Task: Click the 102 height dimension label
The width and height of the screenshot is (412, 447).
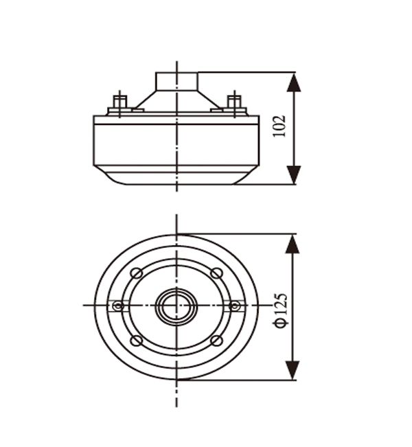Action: (x=279, y=126)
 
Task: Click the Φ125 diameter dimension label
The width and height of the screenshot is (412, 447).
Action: (x=281, y=310)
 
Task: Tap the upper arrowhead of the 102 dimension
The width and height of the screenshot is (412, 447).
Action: (x=294, y=82)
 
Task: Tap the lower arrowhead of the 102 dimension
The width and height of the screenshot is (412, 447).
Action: (x=294, y=175)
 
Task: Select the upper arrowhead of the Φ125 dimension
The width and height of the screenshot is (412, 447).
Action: (x=293, y=244)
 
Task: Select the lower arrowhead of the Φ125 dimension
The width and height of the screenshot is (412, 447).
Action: (x=293, y=370)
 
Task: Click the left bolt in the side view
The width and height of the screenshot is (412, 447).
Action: (x=119, y=104)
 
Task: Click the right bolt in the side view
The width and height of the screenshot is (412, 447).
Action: (x=234, y=104)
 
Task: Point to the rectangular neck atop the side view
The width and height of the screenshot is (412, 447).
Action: (x=176, y=81)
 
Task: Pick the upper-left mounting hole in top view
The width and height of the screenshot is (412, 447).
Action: (x=137, y=273)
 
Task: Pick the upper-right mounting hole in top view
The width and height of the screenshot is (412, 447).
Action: (x=217, y=273)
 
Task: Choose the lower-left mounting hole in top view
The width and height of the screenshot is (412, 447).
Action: (x=137, y=341)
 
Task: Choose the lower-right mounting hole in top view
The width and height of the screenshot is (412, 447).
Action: (x=217, y=341)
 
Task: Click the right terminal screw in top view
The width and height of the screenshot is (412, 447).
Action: (x=234, y=306)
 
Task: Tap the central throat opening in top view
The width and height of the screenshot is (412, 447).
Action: (x=176, y=306)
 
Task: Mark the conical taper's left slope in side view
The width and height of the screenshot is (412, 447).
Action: (x=145, y=100)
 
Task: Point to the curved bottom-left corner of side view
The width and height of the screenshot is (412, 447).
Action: (x=108, y=176)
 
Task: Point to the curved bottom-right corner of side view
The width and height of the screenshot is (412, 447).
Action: (x=246, y=176)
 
